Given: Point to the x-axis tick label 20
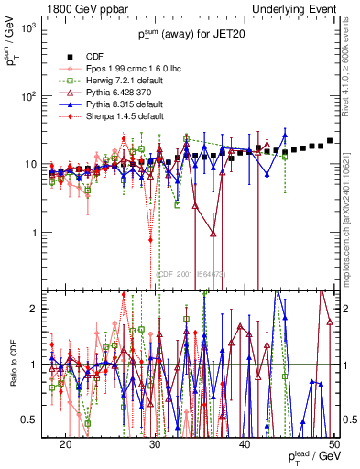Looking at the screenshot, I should (x=65, y=443).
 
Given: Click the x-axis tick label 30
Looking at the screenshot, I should (x=155, y=443).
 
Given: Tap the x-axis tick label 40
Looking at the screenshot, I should (x=245, y=443).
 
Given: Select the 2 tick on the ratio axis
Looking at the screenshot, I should (x=38, y=309).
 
